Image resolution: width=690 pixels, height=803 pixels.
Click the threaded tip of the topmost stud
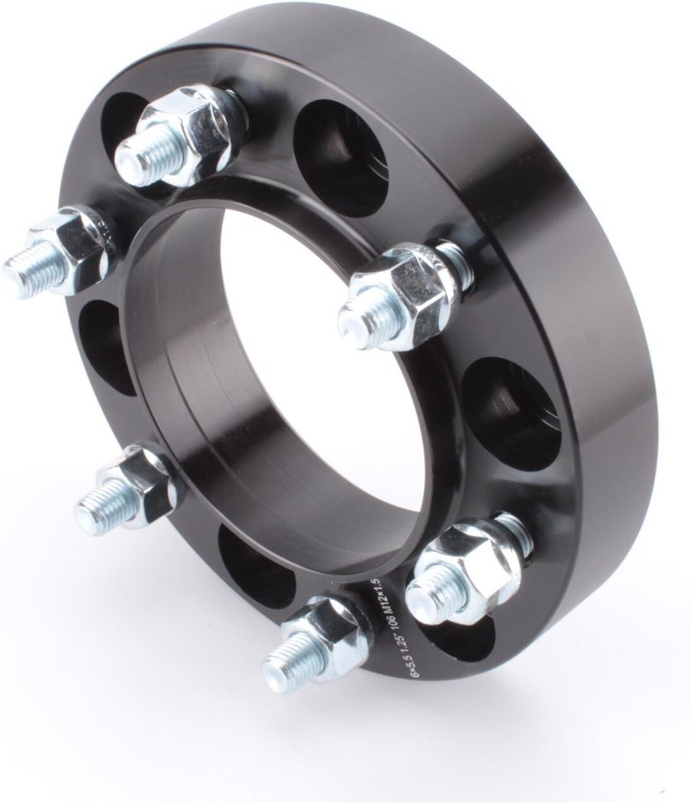point(134,164)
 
